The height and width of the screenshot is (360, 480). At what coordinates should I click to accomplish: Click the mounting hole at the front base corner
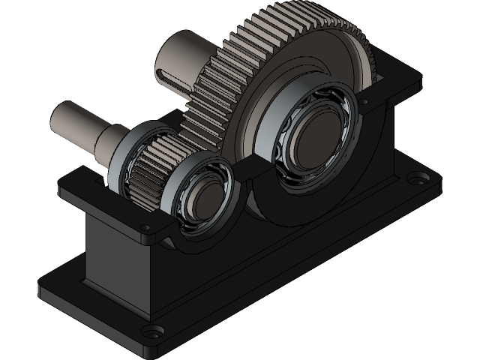point(153,331)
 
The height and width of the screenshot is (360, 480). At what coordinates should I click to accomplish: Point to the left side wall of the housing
point(112,255)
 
